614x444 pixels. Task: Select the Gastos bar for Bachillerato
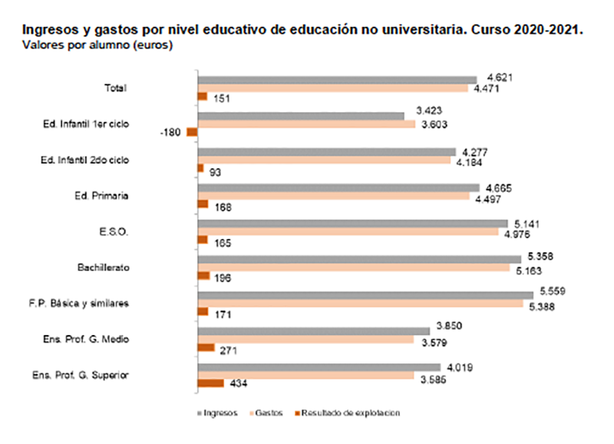pyautogui.click(x=353, y=268)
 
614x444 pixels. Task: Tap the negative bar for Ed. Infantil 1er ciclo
pyautogui.click(x=192, y=132)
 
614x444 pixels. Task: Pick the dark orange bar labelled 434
pyautogui.click(x=211, y=383)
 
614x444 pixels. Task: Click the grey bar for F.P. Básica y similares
pyautogui.click(x=365, y=295)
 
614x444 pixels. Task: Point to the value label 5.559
pyautogui.click(x=553, y=290)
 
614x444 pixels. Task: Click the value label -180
pyautogui.click(x=170, y=133)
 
